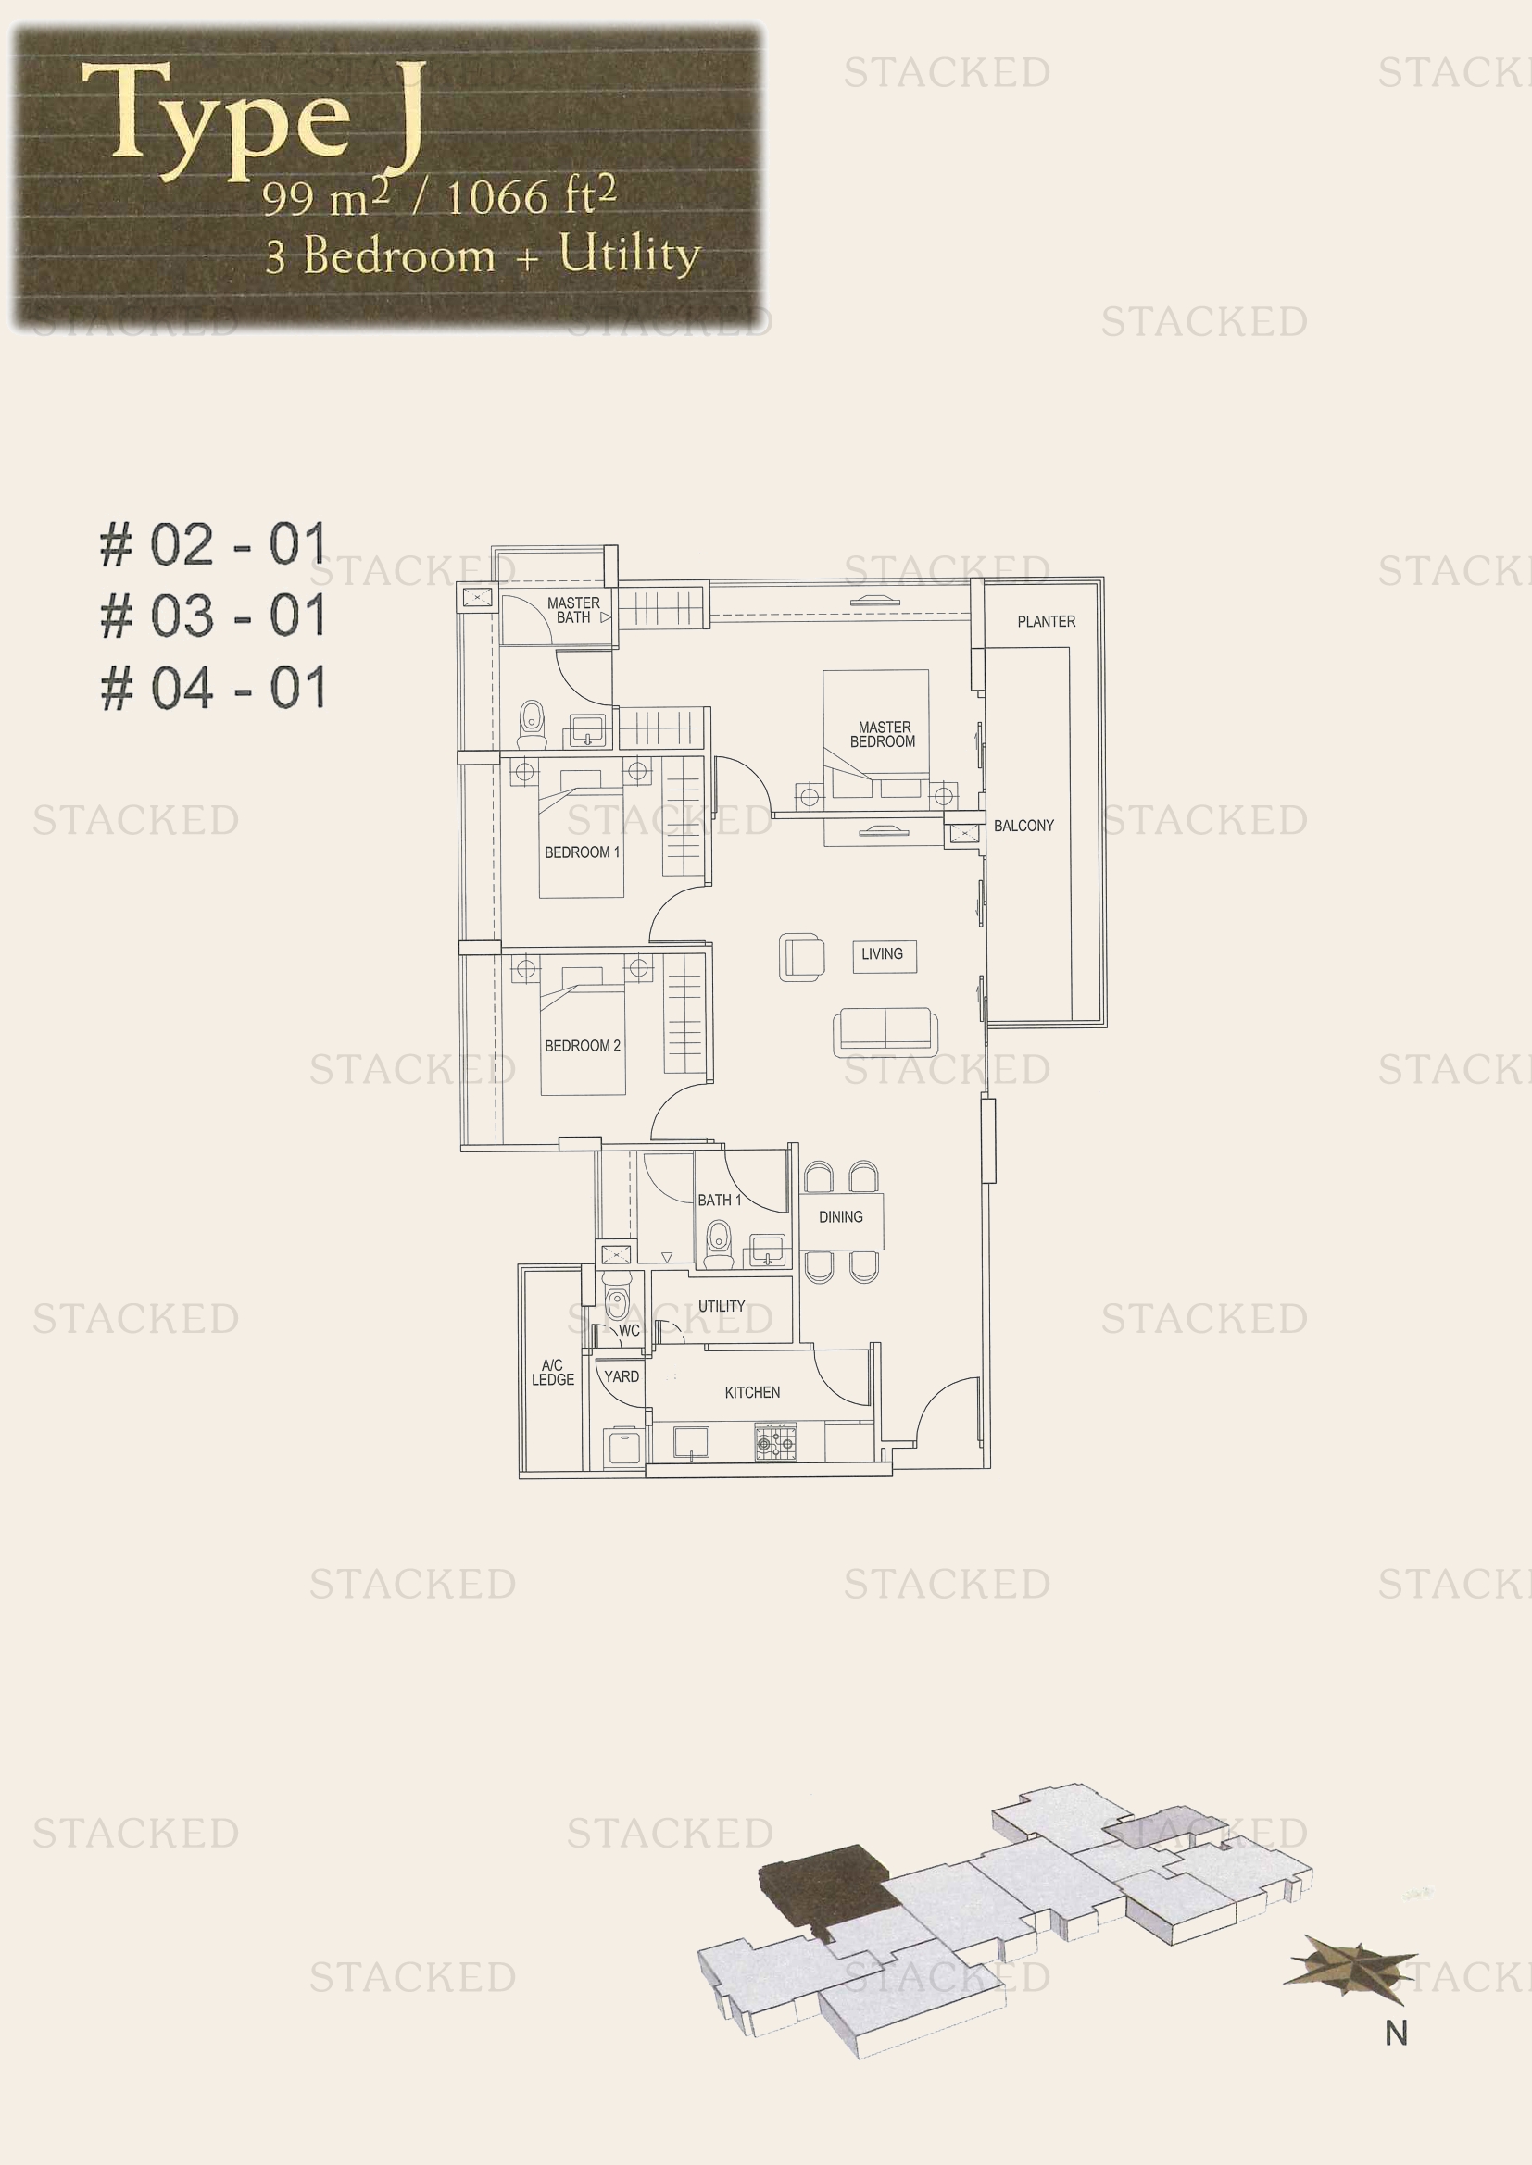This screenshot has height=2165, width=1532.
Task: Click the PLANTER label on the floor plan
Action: click(1045, 621)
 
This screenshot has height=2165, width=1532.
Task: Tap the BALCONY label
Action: click(1023, 825)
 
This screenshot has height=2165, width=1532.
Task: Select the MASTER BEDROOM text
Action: click(883, 734)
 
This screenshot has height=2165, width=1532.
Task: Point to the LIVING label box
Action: click(882, 954)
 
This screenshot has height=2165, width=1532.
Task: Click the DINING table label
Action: click(840, 1216)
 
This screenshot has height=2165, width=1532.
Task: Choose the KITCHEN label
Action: click(752, 1392)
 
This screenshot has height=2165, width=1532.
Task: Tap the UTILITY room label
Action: click(722, 1306)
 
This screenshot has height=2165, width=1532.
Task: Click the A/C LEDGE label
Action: click(553, 1372)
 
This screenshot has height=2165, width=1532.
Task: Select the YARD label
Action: click(622, 1376)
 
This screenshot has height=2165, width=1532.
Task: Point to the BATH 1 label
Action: click(719, 1201)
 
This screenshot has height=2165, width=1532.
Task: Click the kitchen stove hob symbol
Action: click(775, 1442)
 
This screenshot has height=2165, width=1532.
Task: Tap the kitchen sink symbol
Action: click(692, 1443)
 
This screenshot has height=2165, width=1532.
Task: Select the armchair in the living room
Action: click(802, 957)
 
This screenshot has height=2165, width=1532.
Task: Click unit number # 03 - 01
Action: click(213, 616)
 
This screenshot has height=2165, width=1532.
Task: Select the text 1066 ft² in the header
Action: click(531, 197)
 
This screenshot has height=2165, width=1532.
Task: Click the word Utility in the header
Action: click(629, 254)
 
